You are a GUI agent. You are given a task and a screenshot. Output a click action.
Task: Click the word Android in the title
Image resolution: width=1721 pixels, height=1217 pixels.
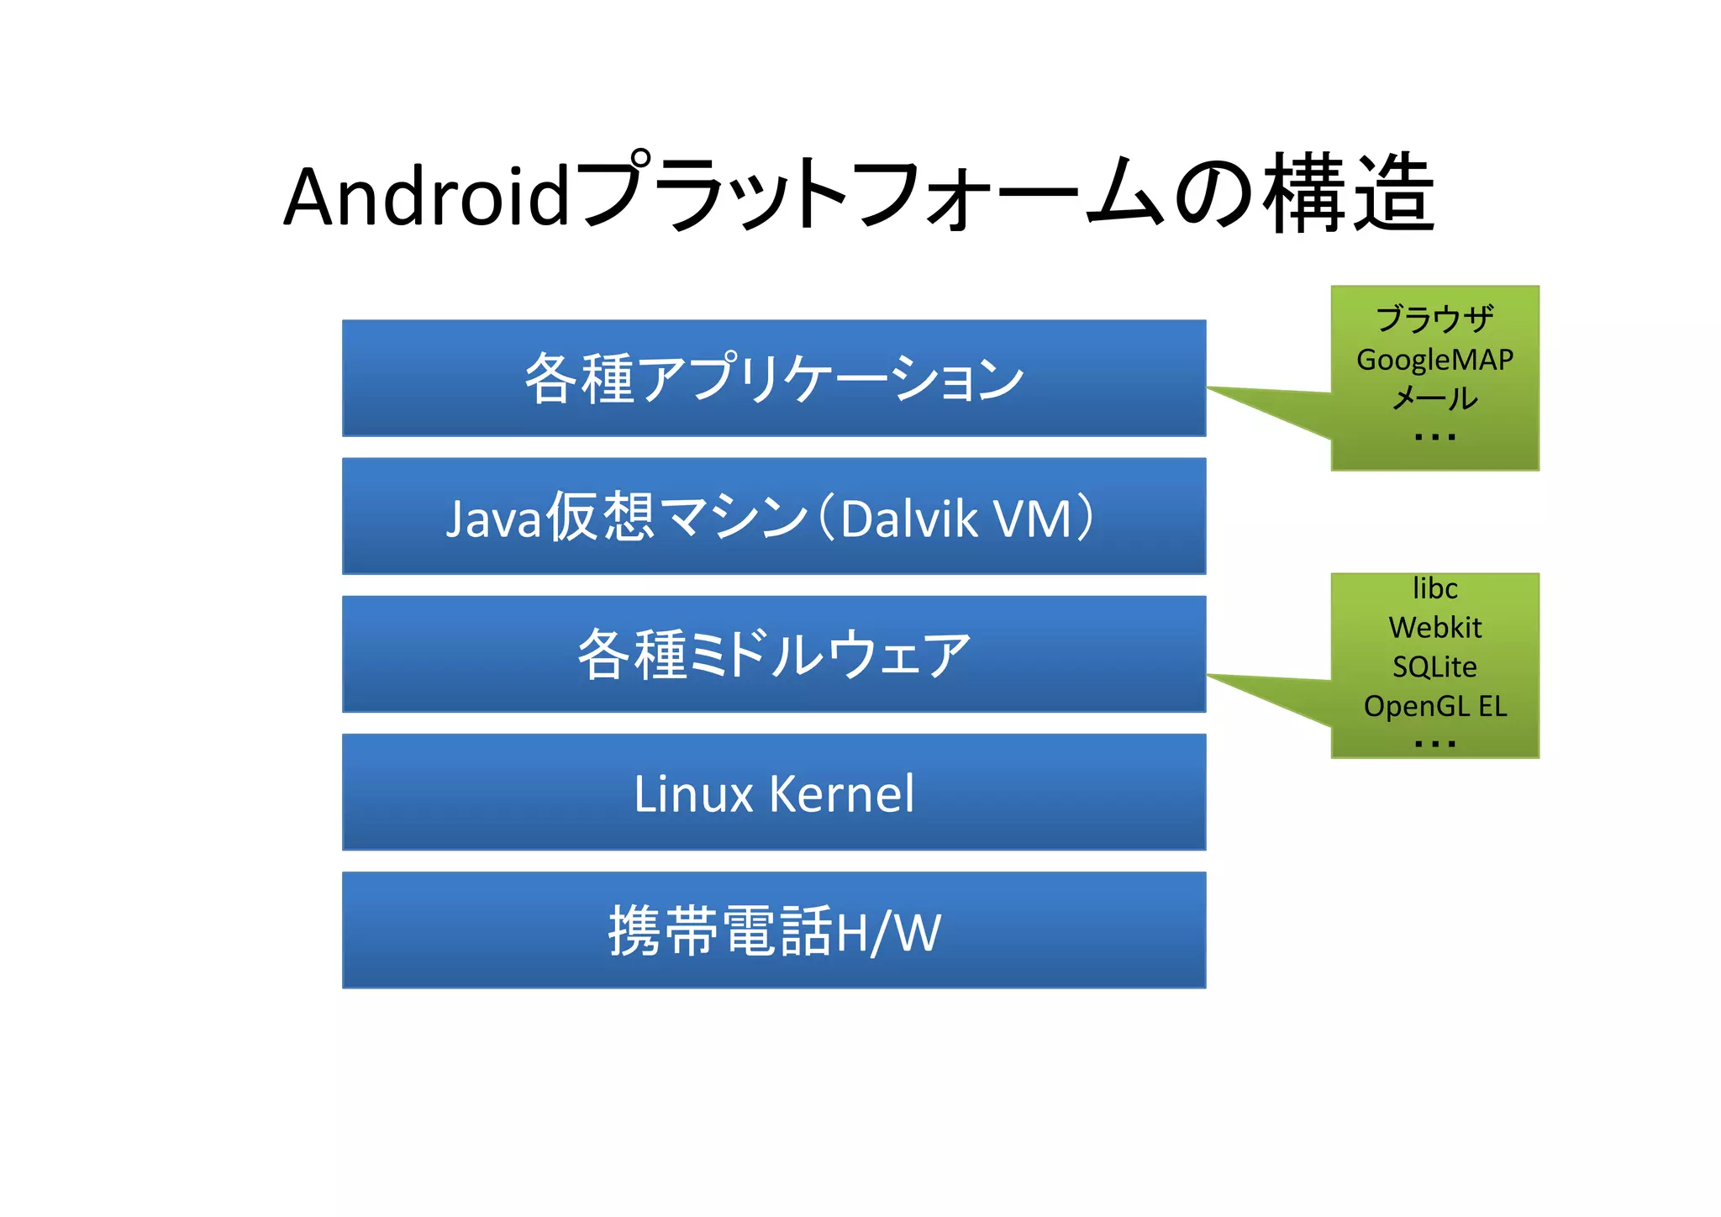[428, 198]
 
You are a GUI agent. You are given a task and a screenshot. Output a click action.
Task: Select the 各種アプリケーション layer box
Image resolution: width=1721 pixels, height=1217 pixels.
[774, 378]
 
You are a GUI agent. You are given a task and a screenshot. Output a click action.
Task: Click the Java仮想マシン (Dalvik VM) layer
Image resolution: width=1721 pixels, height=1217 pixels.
[774, 516]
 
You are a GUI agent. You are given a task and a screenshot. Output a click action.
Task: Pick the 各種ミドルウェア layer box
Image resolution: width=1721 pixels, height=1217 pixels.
[774, 654]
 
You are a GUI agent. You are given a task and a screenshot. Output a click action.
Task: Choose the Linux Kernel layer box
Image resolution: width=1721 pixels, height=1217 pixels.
[774, 793]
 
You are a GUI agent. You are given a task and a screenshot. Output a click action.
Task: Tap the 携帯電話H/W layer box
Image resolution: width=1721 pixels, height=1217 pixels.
[774, 930]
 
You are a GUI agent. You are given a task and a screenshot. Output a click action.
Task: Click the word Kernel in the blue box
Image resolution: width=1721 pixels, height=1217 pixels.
[841, 793]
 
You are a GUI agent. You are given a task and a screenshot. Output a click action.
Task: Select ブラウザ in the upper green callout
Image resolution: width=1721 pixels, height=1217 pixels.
[1434, 319]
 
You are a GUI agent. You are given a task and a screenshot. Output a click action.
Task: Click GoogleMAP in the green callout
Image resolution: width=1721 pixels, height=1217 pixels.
[1434, 360]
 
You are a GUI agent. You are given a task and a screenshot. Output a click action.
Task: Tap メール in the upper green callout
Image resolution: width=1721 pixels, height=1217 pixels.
[1434, 398]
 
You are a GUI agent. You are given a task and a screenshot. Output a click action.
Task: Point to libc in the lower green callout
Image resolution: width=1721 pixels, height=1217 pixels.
[1434, 588]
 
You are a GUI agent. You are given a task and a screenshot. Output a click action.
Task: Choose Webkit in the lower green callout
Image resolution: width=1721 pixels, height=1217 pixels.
[1434, 628]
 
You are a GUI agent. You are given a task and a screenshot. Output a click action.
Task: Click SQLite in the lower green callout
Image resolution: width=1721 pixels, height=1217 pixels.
[1434, 667]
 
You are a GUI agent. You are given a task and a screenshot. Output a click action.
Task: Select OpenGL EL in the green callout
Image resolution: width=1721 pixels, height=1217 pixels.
[1434, 707]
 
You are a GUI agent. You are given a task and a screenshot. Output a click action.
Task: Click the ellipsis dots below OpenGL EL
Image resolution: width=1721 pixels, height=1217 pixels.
[1434, 744]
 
